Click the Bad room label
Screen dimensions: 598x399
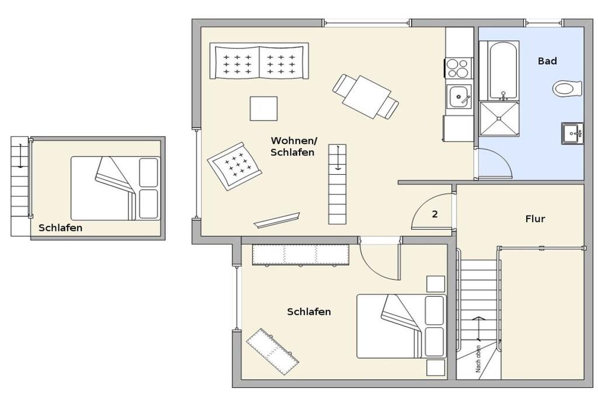click(547, 61)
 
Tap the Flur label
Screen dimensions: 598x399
click(535, 219)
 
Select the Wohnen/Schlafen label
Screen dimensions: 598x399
click(293, 147)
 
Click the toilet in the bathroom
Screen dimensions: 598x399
click(568, 89)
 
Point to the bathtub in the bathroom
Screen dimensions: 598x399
click(503, 71)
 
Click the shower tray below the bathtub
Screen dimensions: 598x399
click(499, 119)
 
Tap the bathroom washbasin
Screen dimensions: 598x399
click(572, 133)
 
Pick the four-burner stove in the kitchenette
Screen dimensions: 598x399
click(458, 68)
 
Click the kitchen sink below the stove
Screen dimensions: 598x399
click(459, 96)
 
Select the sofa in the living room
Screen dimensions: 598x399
click(259, 61)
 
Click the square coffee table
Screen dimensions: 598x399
click(263, 108)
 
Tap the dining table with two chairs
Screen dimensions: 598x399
click(366, 97)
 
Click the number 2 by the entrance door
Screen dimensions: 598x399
click(434, 214)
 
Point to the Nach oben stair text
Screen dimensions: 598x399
click(478, 359)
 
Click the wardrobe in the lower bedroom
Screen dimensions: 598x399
click(301, 255)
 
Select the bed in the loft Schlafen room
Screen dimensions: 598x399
click(116, 188)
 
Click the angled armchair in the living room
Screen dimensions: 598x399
click(235, 166)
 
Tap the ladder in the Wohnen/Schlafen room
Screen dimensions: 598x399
click(338, 184)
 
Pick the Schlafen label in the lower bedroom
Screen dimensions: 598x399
click(309, 311)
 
